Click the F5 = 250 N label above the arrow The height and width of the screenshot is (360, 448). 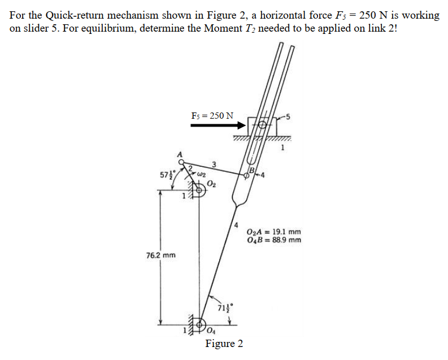coord(212,116)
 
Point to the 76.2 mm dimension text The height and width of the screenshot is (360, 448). coord(161,255)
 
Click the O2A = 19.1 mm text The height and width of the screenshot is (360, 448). coord(274,232)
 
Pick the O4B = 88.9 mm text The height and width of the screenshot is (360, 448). coord(274,240)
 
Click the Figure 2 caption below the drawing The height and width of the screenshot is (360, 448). coord(224,344)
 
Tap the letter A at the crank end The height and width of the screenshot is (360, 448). coord(180,153)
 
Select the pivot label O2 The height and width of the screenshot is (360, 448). coord(211,182)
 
